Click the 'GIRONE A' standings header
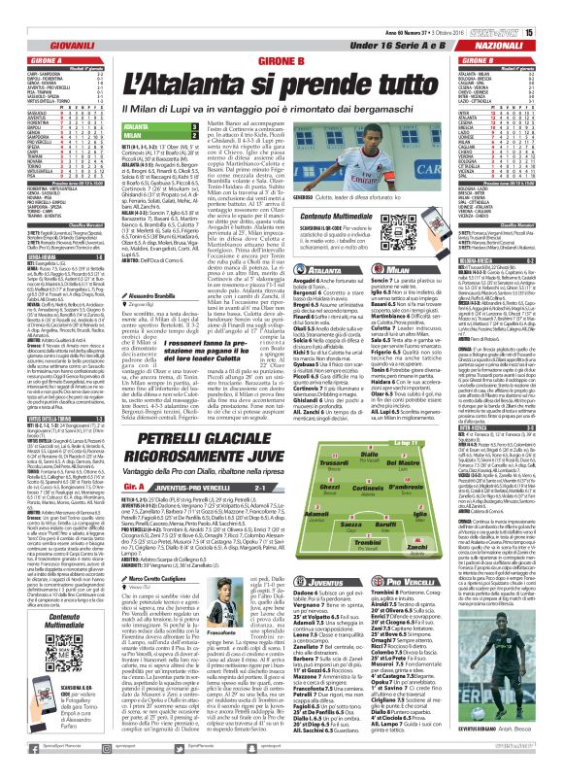click(x=29, y=59)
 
